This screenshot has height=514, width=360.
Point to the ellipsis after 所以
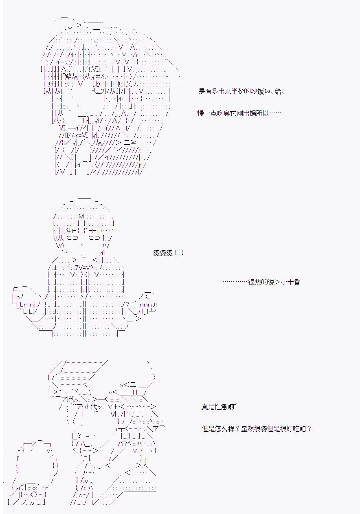coord(275,113)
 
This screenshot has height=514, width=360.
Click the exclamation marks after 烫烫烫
coord(179,253)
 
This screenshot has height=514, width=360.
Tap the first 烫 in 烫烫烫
coord(156,253)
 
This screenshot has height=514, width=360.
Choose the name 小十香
coord(290,282)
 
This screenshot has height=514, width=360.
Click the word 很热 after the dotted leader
coord(255,282)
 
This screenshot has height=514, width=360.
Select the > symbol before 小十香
coord(277,282)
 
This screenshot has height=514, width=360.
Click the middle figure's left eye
coord(72,238)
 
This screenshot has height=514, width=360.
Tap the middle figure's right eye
coord(94,238)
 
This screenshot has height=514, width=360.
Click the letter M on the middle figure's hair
coord(81,216)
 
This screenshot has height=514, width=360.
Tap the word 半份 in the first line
coord(237,92)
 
